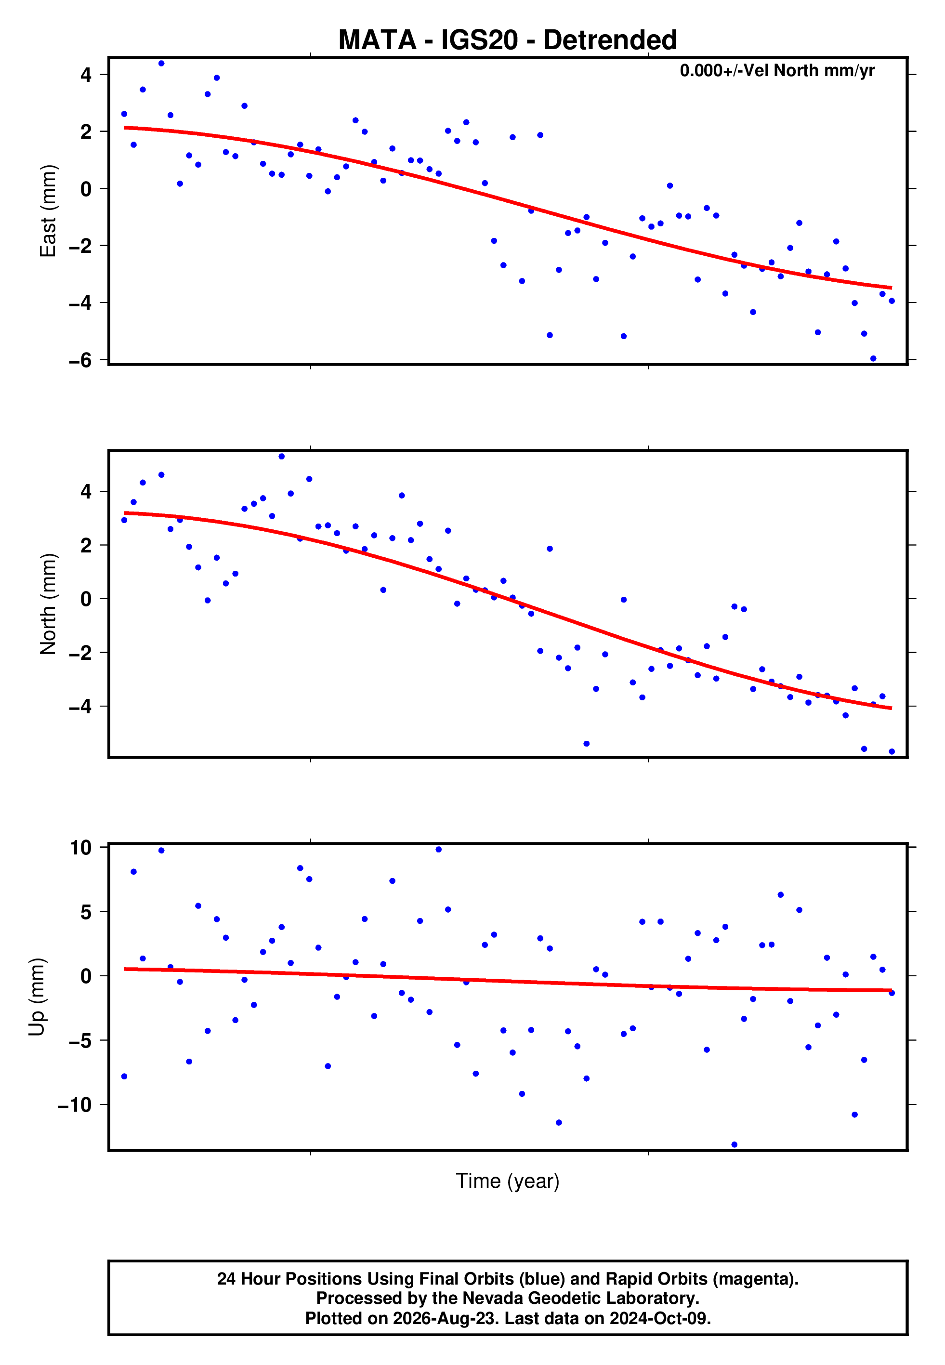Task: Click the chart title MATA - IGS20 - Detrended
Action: [508, 40]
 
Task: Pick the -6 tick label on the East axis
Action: [80, 360]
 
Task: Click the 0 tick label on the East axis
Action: [86, 189]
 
